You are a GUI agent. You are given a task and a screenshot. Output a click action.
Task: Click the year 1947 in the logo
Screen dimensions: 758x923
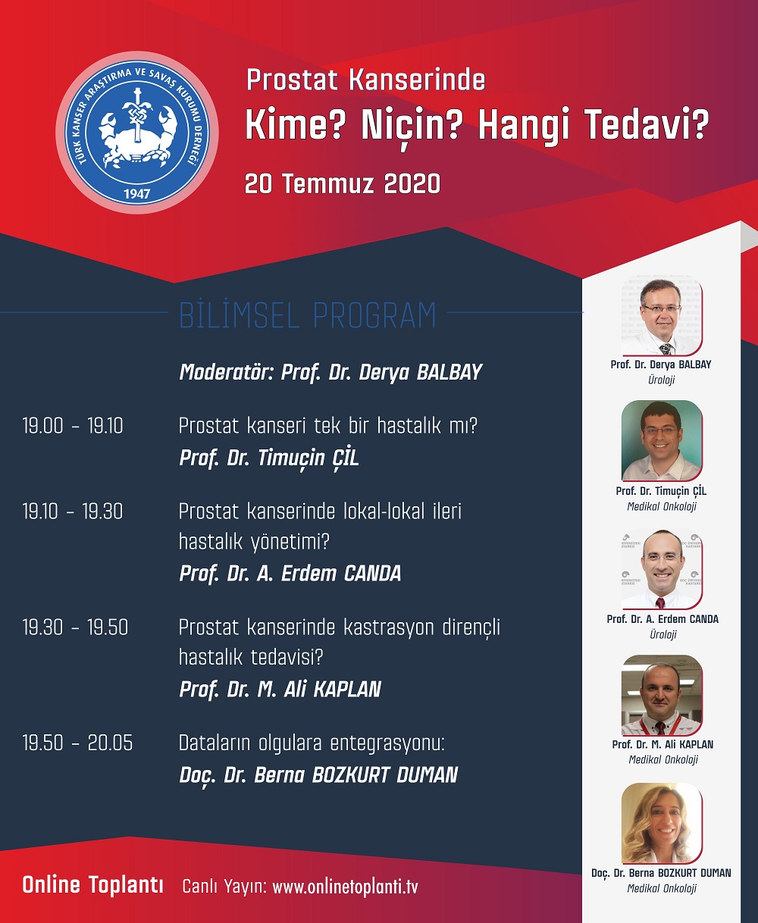[137, 193]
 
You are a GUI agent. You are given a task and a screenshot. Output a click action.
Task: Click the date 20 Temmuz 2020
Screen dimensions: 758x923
[343, 184]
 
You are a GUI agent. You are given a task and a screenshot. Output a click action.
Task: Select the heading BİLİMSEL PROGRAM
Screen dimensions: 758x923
[308, 315]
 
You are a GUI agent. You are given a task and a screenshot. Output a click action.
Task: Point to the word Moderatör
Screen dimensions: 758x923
[227, 372]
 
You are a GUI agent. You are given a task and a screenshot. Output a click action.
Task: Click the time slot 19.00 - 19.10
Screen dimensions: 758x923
[73, 426]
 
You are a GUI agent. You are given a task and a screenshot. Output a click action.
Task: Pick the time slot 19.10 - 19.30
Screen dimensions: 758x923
[73, 512]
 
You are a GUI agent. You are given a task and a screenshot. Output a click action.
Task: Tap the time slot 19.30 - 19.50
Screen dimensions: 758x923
[75, 627]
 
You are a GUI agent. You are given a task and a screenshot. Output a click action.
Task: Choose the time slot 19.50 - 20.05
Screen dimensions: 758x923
[77, 743]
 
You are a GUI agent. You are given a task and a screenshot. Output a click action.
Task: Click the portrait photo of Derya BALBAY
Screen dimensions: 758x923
[661, 318]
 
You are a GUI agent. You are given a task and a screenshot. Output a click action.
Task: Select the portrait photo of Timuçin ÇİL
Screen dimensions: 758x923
[661, 440]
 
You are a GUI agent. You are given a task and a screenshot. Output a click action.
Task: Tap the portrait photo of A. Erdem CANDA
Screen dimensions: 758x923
[661, 569]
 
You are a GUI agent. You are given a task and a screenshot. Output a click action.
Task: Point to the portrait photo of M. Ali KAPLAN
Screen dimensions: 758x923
[661, 695]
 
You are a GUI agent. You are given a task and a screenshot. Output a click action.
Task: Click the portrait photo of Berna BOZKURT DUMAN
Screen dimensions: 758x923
[661, 823]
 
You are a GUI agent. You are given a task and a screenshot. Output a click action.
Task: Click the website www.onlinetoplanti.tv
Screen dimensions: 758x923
[345, 887]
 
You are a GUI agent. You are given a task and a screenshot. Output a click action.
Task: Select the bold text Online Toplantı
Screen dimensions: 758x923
[92, 885]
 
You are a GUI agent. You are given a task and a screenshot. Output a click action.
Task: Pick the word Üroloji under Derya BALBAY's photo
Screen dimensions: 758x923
[661, 380]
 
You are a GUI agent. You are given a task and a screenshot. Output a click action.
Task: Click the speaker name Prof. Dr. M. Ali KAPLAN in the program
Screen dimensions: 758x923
[280, 690]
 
